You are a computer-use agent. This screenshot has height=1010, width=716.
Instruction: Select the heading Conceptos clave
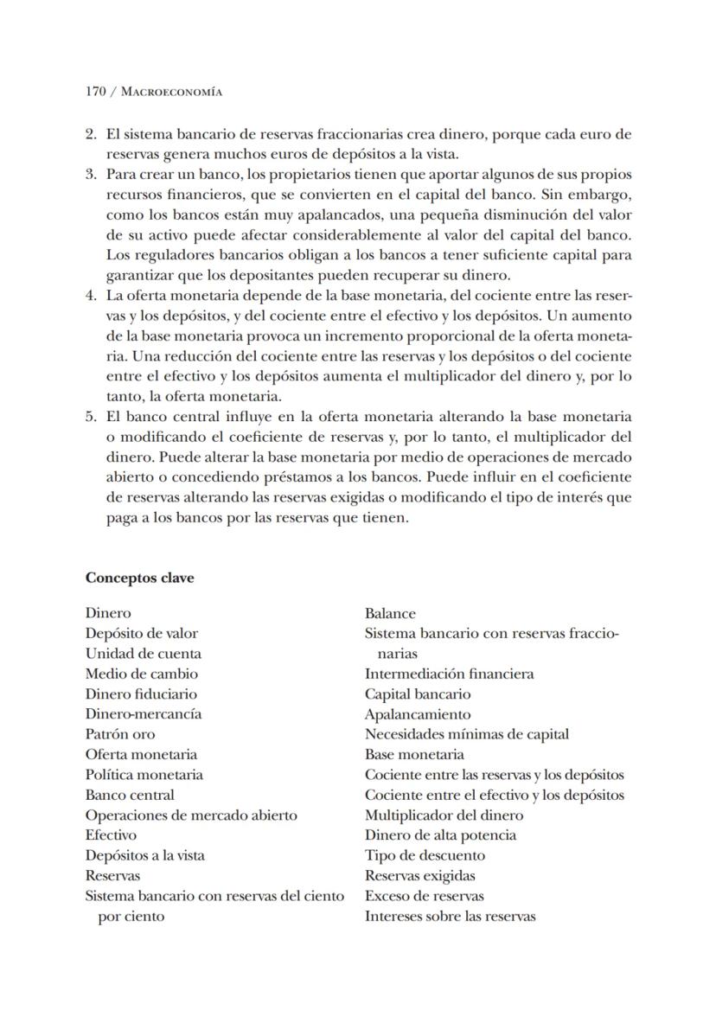(139, 579)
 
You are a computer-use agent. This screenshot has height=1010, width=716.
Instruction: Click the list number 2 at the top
(90, 135)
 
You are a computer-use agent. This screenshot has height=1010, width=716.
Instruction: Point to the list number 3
(90, 175)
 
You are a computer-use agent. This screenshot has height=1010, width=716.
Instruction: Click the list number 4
(90, 296)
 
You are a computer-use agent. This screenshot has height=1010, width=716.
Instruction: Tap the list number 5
(90, 416)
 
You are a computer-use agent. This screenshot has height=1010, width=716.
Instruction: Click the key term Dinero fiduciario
(141, 694)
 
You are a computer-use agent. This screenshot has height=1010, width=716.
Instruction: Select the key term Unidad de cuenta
(143, 654)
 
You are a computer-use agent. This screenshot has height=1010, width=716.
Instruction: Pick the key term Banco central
(130, 795)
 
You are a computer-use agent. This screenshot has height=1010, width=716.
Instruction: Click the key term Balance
(390, 613)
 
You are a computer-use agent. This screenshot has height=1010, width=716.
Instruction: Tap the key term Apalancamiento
(418, 714)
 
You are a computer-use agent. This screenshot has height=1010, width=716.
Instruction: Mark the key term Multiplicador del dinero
(444, 815)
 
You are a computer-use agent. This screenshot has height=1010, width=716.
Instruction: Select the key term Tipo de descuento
(425, 855)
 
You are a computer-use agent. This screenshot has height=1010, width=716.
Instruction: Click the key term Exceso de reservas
(424, 896)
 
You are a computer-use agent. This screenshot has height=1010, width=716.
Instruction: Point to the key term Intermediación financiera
(449, 674)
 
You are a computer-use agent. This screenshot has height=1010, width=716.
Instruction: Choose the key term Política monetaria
(144, 775)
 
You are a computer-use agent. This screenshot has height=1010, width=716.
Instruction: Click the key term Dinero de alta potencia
(440, 835)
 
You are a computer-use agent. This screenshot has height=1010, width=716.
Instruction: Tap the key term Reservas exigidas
(419, 876)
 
